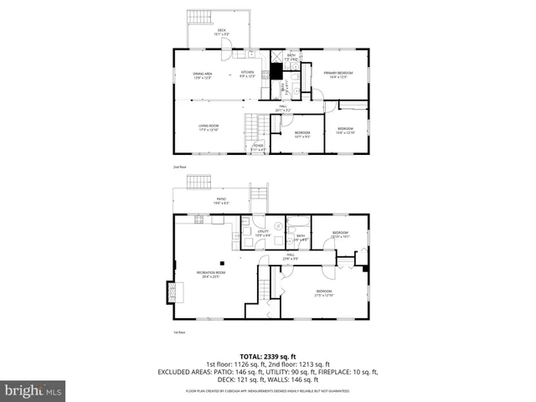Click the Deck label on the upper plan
(222, 33)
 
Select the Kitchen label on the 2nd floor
(247, 75)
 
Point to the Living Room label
(209, 127)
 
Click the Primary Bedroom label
(338, 75)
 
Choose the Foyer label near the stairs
(259, 147)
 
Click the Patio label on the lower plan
(221, 201)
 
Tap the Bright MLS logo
(33, 390)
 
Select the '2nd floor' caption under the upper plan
(178, 167)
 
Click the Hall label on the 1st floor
(290, 256)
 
